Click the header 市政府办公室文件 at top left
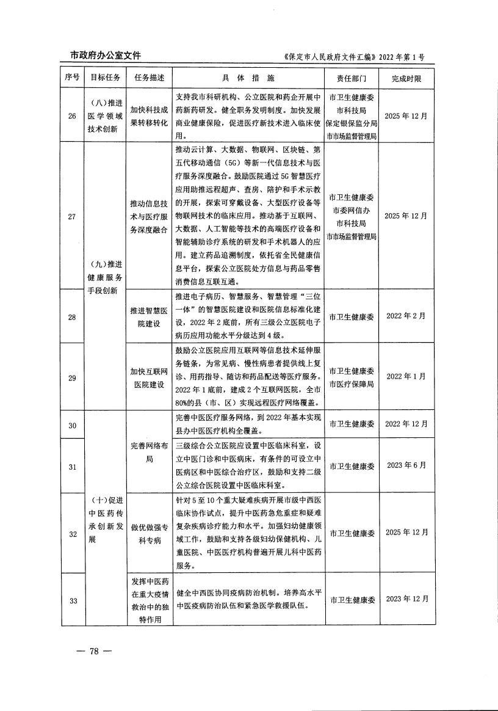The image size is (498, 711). click(x=101, y=56)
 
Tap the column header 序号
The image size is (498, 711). click(x=73, y=78)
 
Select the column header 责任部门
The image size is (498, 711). click(x=351, y=78)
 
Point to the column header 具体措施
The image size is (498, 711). click(x=249, y=78)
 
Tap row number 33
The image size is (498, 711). click(x=73, y=600)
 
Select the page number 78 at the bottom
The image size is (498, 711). click(x=94, y=650)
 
